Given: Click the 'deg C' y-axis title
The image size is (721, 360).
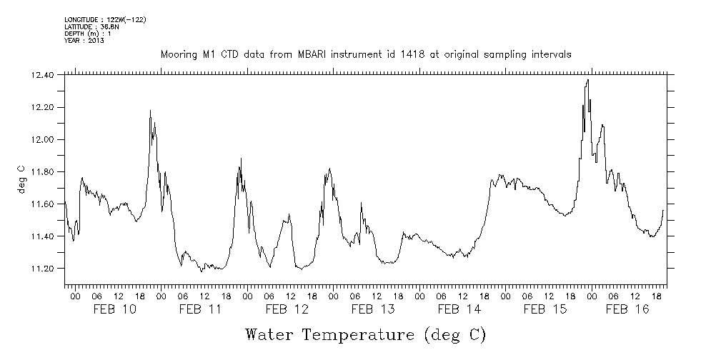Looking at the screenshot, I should pos(21,179).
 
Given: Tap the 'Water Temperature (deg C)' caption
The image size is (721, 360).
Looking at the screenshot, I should pos(366,334).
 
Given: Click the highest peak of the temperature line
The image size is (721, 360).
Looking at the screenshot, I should pos(587,80).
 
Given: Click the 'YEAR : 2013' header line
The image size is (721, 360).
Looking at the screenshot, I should pos(84,40).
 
